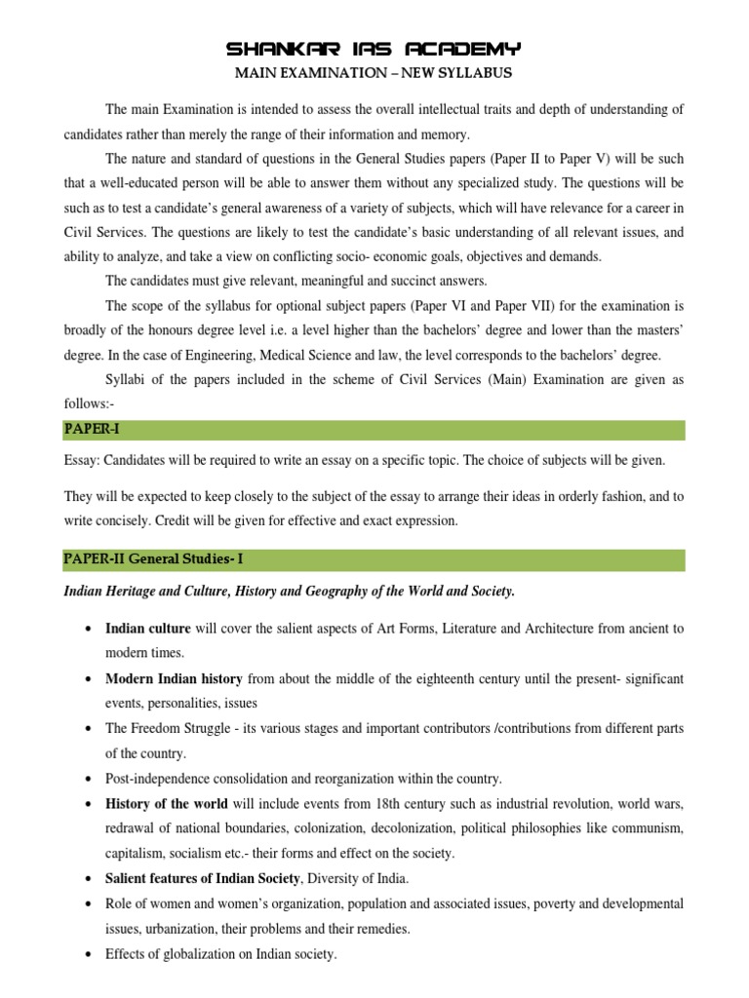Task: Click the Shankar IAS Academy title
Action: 374,49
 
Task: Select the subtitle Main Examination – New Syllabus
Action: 374,73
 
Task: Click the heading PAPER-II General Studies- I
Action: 159,559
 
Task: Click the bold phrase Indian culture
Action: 148,629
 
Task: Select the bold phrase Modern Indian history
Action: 174,678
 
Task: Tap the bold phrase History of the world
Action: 166,804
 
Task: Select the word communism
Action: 645,829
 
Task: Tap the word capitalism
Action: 136,855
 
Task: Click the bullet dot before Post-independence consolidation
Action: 90,780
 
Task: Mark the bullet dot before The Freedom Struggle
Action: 90,729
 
